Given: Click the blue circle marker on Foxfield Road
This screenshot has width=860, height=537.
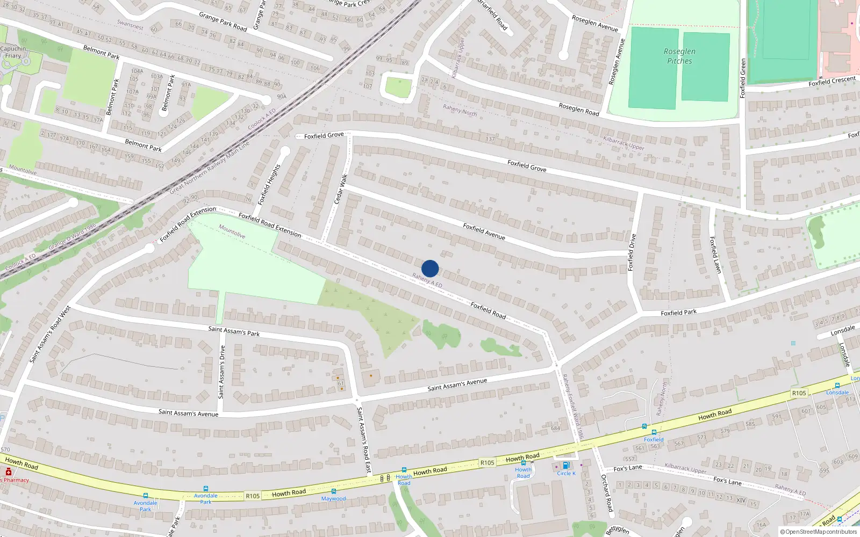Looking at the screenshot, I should pos(430,268).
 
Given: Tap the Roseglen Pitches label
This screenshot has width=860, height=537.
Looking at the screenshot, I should pos(679,56).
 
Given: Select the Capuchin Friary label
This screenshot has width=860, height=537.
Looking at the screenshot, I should pos(13,52).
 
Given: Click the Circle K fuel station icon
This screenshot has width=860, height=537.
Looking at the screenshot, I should pos(566,466).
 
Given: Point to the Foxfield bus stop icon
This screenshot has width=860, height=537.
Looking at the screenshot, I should pos(654,432).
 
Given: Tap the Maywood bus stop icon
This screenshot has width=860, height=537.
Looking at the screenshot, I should pos(334,491).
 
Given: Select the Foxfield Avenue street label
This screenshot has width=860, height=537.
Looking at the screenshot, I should pos(484,231).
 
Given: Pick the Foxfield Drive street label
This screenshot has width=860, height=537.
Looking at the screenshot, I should pos(632,252).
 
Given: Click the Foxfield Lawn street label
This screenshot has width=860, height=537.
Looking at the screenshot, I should pos(715,255).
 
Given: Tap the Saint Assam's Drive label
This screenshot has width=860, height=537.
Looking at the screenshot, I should pos(221,372).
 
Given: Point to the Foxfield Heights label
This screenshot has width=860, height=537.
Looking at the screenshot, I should pos(269,185).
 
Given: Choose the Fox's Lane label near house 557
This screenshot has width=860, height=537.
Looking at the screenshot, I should pos(628,468).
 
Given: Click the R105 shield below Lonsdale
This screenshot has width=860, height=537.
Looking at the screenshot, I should pos(799,393).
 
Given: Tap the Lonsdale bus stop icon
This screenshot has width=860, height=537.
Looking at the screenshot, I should pos(837,386).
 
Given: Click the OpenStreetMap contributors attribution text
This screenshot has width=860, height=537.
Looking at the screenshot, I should pos(819,532).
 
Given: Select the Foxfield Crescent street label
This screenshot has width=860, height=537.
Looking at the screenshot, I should pos(832,81).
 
